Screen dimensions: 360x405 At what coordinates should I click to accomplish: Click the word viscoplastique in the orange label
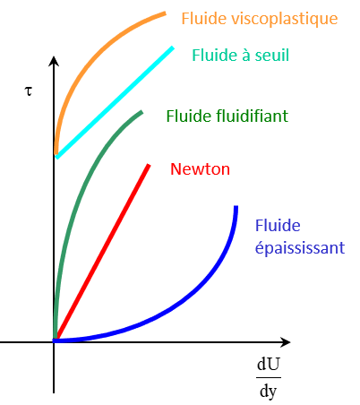(x=285, y=19)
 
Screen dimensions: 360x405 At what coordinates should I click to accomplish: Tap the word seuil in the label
(x=271, y=56)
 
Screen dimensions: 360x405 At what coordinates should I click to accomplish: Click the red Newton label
(x=200, y=169)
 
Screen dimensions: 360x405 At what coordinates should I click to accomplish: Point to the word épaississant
(x=300, y=248)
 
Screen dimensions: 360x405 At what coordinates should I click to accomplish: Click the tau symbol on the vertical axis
(x=28, y=91)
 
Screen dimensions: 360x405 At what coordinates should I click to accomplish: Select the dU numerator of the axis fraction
(x=269, y=364)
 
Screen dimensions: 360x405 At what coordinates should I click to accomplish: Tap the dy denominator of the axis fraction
(x=269, y=391)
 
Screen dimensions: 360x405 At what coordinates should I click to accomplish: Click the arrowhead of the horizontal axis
(x=285, y=342)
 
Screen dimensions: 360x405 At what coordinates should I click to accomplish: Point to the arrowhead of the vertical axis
(x=54, y=61)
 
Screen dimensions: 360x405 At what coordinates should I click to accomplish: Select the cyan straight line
(x=115, y=102)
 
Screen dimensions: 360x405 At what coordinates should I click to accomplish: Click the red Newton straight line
(x=102, y=252)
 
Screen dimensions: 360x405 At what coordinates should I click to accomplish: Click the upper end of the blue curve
(x=236, y=207)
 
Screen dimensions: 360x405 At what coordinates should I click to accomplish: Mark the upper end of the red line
(x=149, y=165)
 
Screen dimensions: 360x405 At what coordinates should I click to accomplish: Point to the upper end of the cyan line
(x=172, y=47)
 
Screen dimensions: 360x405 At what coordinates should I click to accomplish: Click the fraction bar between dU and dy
(x=269, y=377)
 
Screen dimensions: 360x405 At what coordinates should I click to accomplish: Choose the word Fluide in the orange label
(x=204, y=19)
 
